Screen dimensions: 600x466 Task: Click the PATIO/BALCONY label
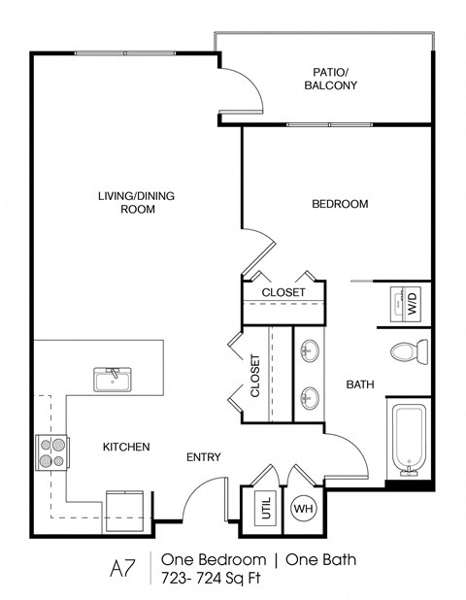coord(335,79)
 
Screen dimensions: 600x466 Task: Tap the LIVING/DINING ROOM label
coord(126,202)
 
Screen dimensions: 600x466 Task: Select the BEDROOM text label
coord(339,204)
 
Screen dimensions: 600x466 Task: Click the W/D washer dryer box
coord(410,304)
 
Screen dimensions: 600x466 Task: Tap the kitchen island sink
coord(115,378)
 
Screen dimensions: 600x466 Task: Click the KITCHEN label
coord(126,448)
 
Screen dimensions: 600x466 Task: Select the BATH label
coord(360,385)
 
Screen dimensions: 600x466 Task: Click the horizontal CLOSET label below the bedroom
coord(283,292)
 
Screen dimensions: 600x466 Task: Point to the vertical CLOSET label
coord(255,377)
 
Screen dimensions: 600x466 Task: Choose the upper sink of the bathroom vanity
coord(311,350)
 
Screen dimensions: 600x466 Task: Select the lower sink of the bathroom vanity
coord(311,396)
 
